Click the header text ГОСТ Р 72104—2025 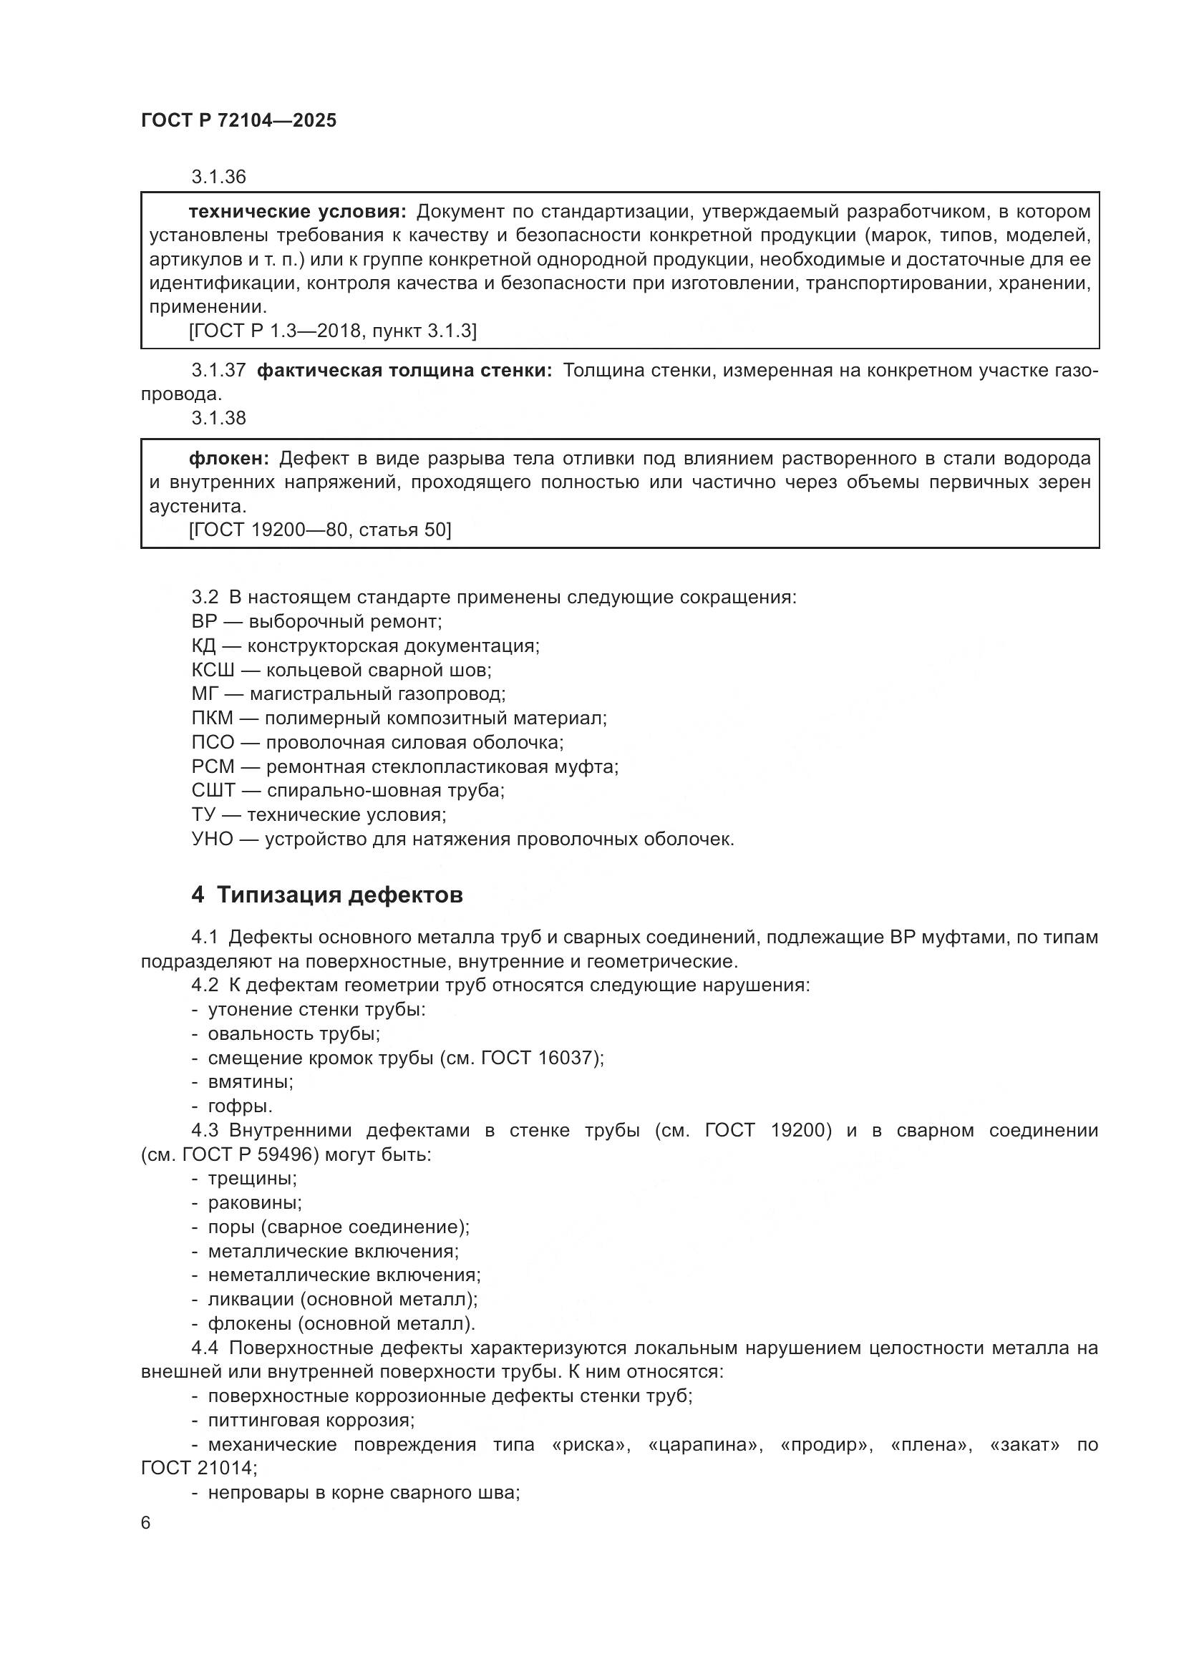pyautogui.click(x=238, y=120)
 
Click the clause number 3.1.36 pyautogui.click(x=219, y=177)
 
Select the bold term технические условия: pyautogui.click(x=298, y=212)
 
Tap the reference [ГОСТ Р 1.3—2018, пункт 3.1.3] pyautogui.click(x=332, y=331)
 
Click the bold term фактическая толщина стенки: pyautogui.click(x=404, y=371)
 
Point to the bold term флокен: pyautogui.click(x=229, y=459)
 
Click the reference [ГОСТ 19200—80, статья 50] pyautogui.click(x=320, y=530)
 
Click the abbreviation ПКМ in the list pyautogui.click(x=212, y=718)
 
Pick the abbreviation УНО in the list pyautogui.click(x=212, y=840)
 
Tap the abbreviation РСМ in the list pyautogui.click(x=213, y=767)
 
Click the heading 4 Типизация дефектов pyautogui.click(x=326, y=895)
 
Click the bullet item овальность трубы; pyautogui.click(x=293, y=1034)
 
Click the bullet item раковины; pyautogui.click(x=254, y=1203)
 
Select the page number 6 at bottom pyautogui.click(x=146, y=1523)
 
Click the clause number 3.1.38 pyautogui.click(x=219, y=418)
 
